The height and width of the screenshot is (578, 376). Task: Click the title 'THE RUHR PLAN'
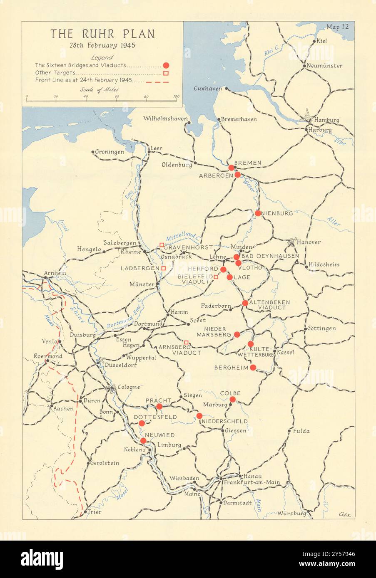tap(102, 34)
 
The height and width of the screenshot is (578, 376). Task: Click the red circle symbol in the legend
tap(166, 65)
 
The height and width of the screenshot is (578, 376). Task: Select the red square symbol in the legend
tap(166, 73)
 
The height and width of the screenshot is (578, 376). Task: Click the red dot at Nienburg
tap(258, 213)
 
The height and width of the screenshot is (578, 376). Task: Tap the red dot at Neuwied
tap(143, 441)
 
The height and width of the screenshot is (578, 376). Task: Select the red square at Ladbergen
tap(164, 269)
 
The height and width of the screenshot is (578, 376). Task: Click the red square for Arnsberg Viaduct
tap(187, 343)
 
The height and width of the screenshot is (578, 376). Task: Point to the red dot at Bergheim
tap(253, 367)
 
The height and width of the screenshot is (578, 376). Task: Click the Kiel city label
tap(322, 41)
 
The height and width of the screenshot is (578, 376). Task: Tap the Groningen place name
tap(110, 152)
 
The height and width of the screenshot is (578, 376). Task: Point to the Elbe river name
tap(339, 141)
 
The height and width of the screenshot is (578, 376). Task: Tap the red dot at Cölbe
tap(233, 400)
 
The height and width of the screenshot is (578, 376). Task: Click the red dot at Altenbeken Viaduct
tap(245, 303)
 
